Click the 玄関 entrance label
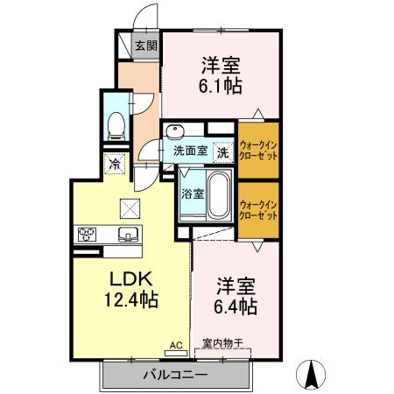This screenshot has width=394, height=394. [146, 46]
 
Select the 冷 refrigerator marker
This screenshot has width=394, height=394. [115, 163]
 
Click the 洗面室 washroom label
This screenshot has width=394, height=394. [189, 151]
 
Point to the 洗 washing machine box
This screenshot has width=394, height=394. [223, 151]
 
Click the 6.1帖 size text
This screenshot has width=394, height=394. [221, 86]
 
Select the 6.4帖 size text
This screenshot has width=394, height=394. [236, 307]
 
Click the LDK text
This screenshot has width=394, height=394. [131, 279]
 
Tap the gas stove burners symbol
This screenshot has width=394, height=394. [88, 234]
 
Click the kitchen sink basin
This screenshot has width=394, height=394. [129, 234]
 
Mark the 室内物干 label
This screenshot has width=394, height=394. [222, 343]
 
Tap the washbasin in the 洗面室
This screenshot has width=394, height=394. [175, 132]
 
